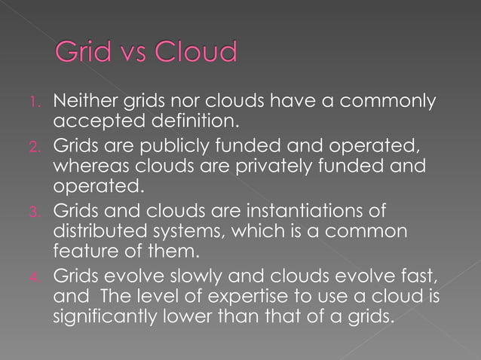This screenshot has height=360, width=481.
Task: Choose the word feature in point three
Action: pos(82,246)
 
